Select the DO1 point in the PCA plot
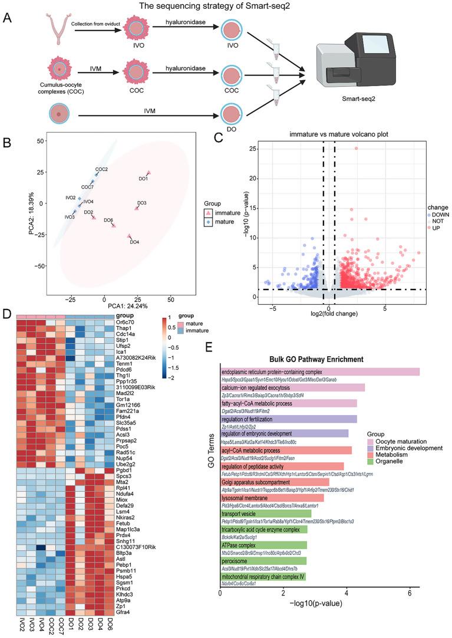click(149, 173)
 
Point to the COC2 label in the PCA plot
click(101, 169)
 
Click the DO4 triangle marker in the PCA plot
click(130, 236)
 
